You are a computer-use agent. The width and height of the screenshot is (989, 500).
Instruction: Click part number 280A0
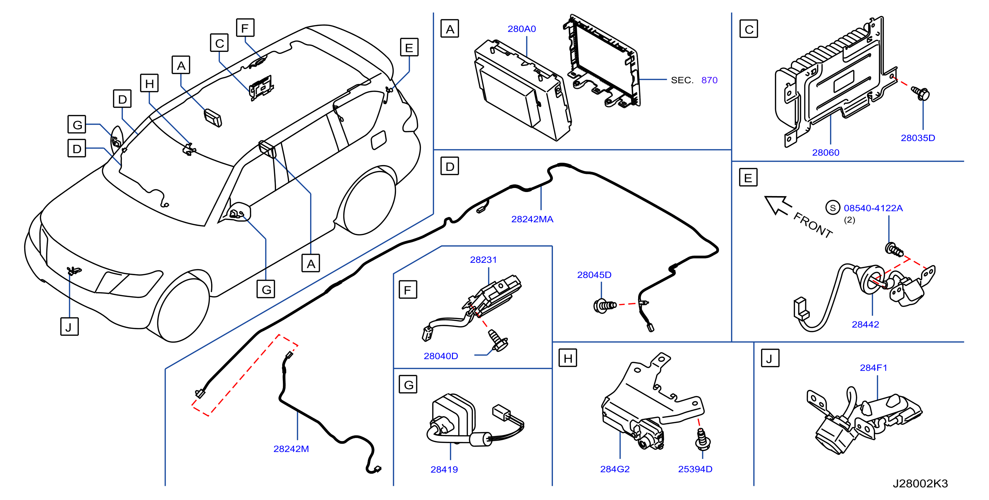pos(521,29)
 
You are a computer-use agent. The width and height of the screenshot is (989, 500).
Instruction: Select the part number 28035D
pos(918,138)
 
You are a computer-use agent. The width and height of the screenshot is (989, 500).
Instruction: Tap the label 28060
pos(825,152)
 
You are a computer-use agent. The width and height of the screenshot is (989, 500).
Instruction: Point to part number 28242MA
pos(532,219)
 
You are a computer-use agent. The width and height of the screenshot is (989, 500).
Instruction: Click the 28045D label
pos(594,275)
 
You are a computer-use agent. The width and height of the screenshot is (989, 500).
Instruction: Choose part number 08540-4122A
pos(873,208)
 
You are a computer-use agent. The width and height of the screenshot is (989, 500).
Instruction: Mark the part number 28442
pos(865,324)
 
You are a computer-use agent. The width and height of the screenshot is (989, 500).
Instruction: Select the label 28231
pos(483,260)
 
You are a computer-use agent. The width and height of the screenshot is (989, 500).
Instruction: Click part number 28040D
pos(441,356)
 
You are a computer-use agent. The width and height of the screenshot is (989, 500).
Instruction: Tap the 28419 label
pos(444,470)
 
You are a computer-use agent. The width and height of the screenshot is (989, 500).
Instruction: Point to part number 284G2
pos(615,469)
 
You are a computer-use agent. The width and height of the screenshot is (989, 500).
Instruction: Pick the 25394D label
pos(695,469)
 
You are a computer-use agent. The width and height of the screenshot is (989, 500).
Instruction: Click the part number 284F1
pos(873,368)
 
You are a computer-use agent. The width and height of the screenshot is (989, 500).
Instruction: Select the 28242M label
pos(291,449)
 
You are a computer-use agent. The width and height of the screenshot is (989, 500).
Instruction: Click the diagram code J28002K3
pos(920,483)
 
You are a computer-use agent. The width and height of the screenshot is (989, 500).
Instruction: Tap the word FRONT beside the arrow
pos(813,225)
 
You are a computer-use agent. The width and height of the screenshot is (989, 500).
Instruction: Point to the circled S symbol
pos(833,208)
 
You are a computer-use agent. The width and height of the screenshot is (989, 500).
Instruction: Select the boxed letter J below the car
pos(69,327)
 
